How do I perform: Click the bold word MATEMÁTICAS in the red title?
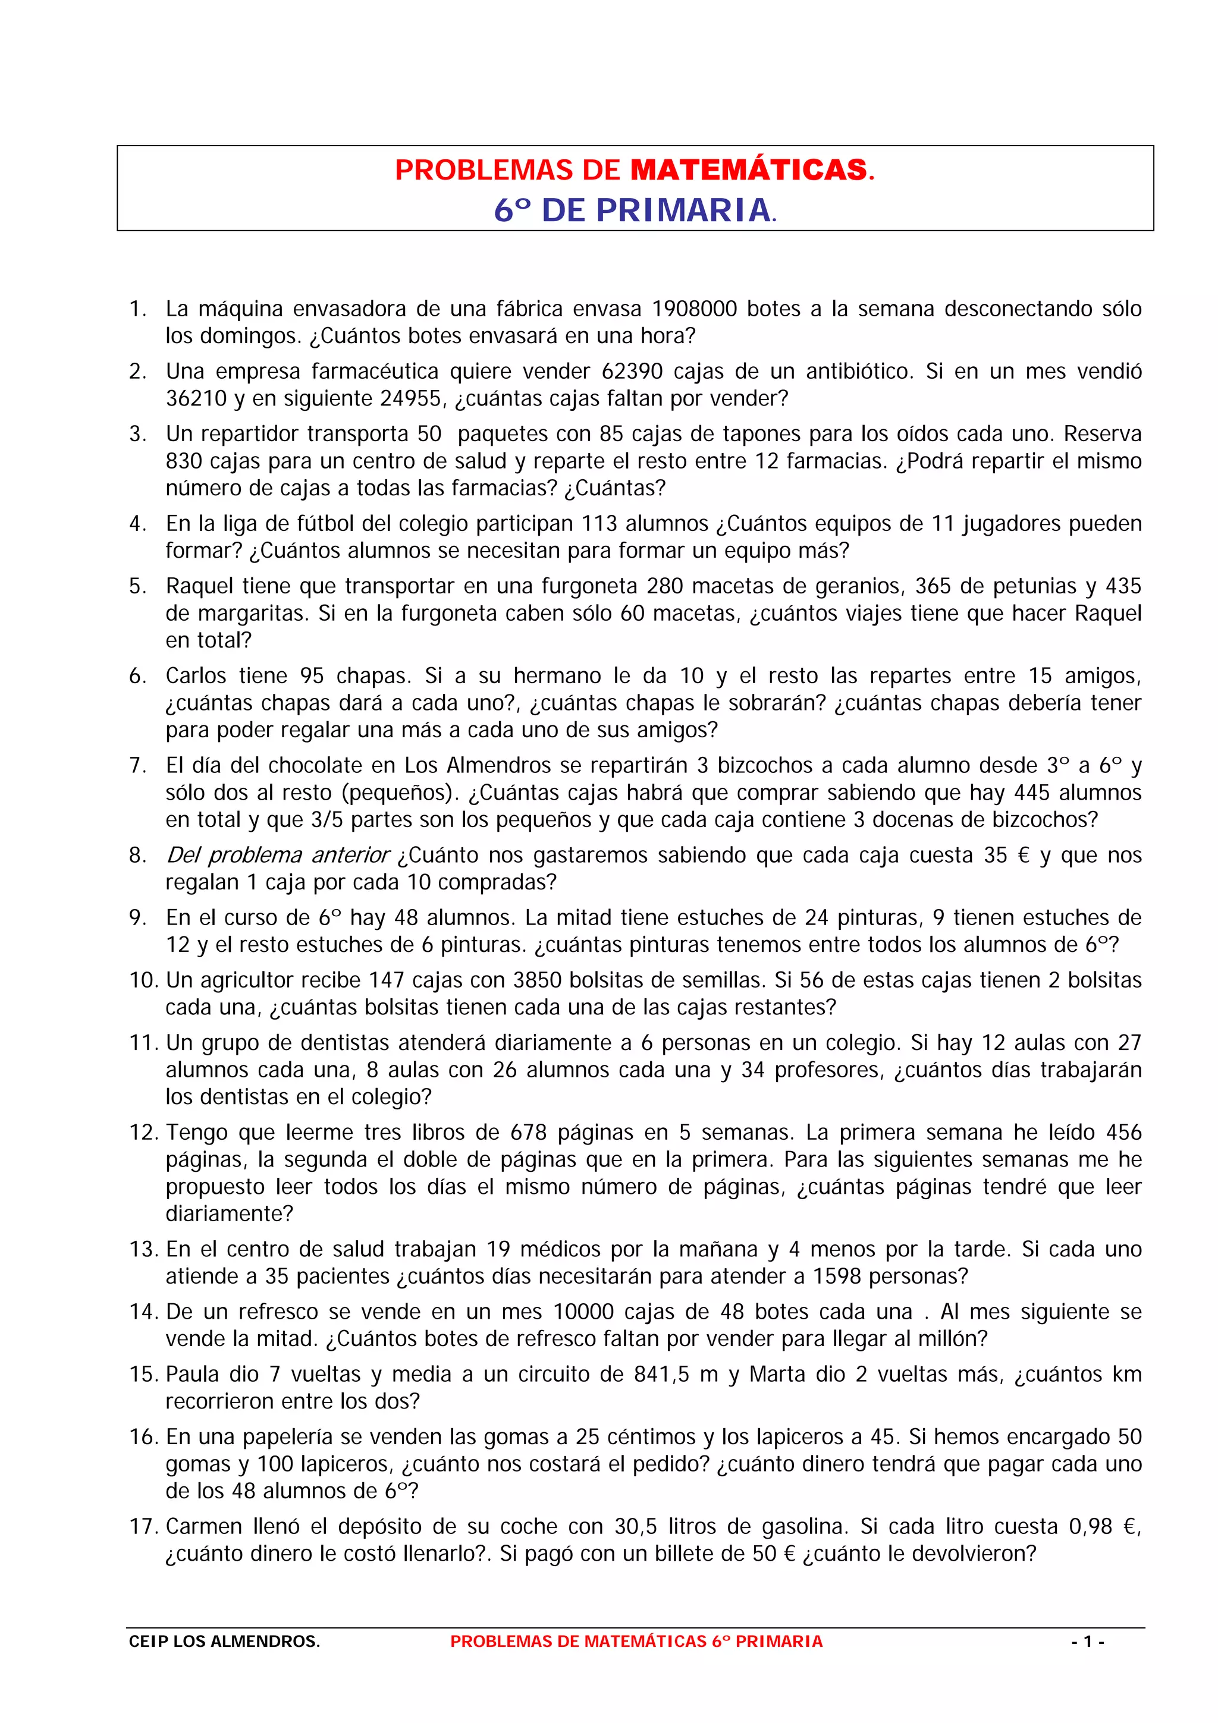point(748,171)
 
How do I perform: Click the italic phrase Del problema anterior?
point(278,856)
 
